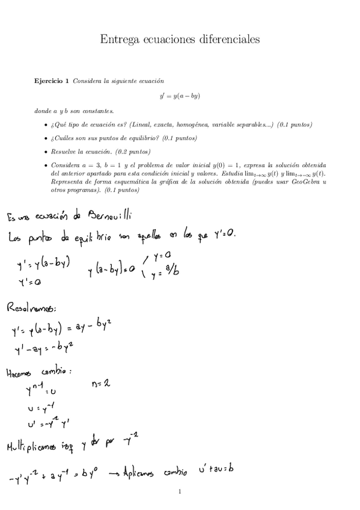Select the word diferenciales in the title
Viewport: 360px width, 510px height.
229,39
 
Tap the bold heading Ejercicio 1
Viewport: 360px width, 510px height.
52,80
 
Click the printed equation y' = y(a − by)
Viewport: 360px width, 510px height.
180,96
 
